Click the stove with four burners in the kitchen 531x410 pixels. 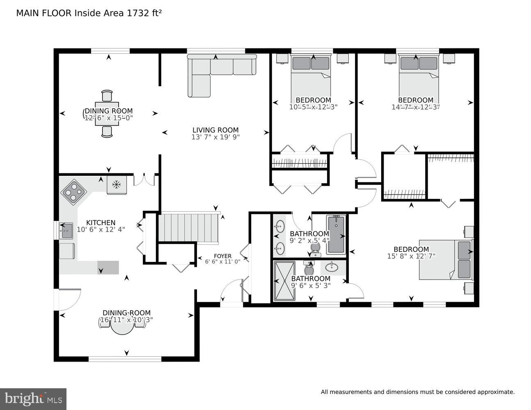[74, 191]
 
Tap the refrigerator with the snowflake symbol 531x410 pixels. [117, 185]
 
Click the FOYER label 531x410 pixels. [222, 256]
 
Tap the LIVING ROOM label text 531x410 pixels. [215, 130]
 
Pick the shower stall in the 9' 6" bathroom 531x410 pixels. [284, 281]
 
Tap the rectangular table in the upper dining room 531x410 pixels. [107, 114]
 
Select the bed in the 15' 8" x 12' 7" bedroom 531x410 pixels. [445, 260]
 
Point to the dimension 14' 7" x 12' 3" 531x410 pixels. [415, 107]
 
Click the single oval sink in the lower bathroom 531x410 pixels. [332, 268]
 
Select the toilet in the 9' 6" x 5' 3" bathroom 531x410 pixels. [309, 269]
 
